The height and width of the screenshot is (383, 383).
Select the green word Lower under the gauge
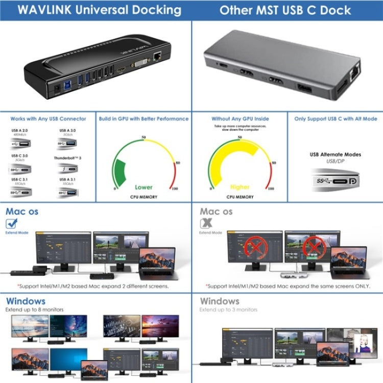click(x=143, y=187)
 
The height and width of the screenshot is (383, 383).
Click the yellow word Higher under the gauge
click(x=240, y=187)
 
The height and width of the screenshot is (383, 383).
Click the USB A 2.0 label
click(x=19, y=130)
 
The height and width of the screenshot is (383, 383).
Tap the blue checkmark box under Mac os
click(x=12, y=223)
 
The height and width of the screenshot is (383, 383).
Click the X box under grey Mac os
click(x=206, y=223)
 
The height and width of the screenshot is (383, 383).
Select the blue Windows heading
click(x=26, y=301)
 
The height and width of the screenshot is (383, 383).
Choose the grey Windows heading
click(x=220, y=301)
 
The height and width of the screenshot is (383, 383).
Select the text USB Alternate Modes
click(x=335, y=154)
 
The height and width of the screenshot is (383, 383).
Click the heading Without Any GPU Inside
click(x=240, y=119)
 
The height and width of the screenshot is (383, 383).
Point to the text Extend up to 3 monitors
click(x=228, y=310)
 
